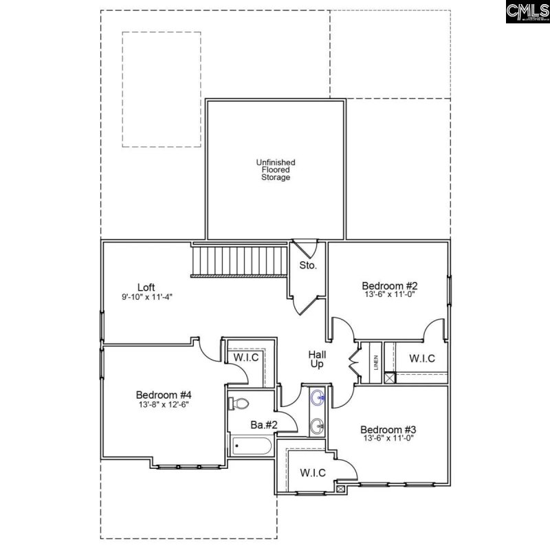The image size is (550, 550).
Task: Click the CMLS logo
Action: tap(527, 12)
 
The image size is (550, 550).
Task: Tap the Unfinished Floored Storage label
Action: tap(275, 170)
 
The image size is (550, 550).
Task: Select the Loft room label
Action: tap(146, 287)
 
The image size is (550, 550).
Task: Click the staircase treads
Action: tap(239, 261)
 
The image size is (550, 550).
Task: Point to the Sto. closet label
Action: tap(308, 265)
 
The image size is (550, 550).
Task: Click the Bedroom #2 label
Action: tap(390, 285)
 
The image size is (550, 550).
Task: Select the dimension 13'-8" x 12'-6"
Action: tap(162, 404)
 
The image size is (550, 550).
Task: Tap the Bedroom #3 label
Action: tap(388, 430)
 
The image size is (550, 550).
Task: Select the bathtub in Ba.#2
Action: tap(252, 447)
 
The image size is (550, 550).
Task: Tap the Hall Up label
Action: tap(317, 359)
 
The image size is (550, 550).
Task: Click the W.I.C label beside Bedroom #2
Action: tap(421, 358)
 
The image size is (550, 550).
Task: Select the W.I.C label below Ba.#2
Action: tap(312, 473)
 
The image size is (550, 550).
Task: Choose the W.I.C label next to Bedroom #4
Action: tap(244, 357)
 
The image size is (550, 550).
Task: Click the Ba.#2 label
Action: tap(264, 426)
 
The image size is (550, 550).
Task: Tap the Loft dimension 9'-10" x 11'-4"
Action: tap(146, 298)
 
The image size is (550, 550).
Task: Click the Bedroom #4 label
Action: tap(163, 395)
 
